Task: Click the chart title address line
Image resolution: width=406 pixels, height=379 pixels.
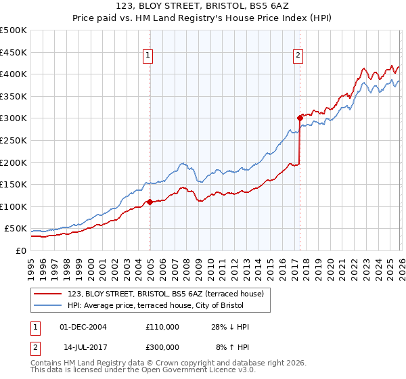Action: click(x=202, y=7)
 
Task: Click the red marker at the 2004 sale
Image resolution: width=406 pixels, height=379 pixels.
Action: click(x=150, y=202)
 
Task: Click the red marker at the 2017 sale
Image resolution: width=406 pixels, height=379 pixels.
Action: click(x=299, y=118)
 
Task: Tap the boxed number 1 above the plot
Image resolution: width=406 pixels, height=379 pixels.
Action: click(x=148, y=56)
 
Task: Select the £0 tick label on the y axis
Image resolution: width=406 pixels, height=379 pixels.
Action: click(x=20, y=250)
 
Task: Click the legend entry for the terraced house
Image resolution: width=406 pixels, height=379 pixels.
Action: click(x=169, y=293)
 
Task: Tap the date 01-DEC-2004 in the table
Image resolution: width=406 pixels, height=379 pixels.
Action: click(x=83, y=327)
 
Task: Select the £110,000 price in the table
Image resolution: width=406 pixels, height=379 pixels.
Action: click(x=162, y=327)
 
